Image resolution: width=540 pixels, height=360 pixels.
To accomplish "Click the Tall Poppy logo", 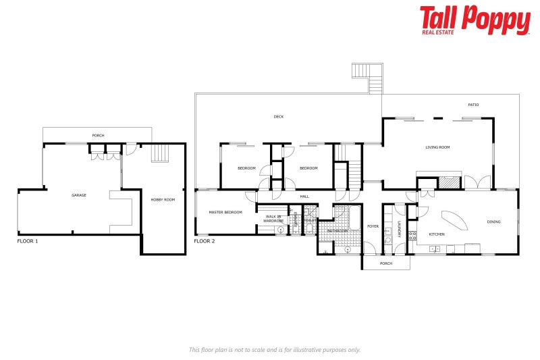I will coord(475,20).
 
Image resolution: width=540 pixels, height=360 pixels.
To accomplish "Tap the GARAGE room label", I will coord(79,195).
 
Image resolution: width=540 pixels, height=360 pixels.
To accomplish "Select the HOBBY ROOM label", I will coord(163,199).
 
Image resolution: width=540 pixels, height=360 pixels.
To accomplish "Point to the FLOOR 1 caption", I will coord(28,240).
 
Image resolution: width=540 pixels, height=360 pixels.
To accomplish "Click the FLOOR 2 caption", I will coord(205,240).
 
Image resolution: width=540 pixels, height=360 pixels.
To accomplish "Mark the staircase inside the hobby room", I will coord(159,153).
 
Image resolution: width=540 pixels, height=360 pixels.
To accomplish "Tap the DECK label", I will coord(278,117).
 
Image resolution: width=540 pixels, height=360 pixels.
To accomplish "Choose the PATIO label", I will coord(473,105).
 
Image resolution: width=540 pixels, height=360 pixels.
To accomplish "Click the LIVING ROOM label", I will coord(437,147).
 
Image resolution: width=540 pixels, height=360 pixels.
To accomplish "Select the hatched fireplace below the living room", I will coord(448,182).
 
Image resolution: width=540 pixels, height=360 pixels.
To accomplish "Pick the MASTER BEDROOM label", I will coord(225,212).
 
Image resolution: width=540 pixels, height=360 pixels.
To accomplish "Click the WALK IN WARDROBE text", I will coord(273,218).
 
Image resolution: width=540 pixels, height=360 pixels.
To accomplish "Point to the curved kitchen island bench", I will coord(453,220).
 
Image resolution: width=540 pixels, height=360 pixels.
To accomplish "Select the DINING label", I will coord(495,222).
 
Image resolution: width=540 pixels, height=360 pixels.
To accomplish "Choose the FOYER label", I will coord(372,226).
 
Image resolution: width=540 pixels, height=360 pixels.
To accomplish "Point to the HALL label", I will coord(304,196).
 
